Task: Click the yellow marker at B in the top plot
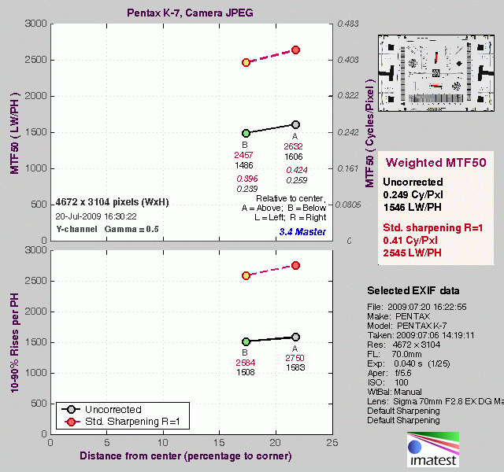(246, 62)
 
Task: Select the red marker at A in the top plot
(296, 50)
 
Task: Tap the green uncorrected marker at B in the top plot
(246, 134)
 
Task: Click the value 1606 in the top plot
(294, 157)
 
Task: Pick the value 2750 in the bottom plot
(294, 358)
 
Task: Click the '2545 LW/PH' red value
(415, 253)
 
